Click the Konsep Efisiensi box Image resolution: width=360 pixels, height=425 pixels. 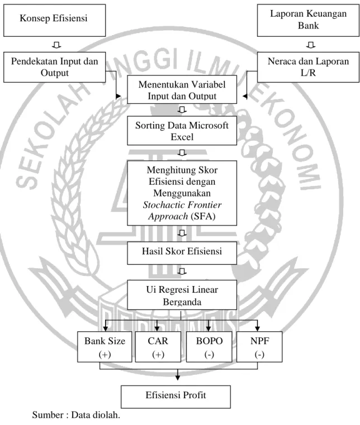(x=55, y=20)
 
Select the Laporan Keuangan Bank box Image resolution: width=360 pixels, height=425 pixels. (x=308, y=20)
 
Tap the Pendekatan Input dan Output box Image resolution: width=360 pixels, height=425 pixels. (x=55, y=67)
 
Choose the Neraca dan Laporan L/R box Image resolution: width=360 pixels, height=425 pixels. (x=308, y=67)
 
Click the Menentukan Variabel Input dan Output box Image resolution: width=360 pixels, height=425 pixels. (x=182, y=89)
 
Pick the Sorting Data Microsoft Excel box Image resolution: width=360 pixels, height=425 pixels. (x=182, y=131)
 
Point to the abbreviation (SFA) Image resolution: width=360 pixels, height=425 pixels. (x=203, y=216)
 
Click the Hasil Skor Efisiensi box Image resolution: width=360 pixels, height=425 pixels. (x=182, y=253)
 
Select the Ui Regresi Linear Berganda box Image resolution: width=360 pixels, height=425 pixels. (x=182, y=295)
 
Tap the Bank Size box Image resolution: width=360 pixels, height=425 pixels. (x=105, y=347)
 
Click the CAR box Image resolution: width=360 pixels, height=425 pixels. (x=158, y=347)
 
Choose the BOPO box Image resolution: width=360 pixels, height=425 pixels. (x=209, y=347)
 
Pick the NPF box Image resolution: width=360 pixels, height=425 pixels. (x=259, y=347)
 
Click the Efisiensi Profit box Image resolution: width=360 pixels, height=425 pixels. (x=176, y=397)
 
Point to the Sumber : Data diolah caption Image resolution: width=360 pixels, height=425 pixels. (x=76, y=415)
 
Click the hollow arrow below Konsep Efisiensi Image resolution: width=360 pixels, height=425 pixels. (x=56, y=45)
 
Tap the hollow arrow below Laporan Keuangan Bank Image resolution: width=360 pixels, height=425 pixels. (x=311, y=45)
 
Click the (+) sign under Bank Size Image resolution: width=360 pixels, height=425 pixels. (x=105, y=355)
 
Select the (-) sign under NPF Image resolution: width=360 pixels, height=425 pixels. (x=259, y=355)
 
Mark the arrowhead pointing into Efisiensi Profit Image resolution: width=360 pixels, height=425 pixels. (x=178, y=378)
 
